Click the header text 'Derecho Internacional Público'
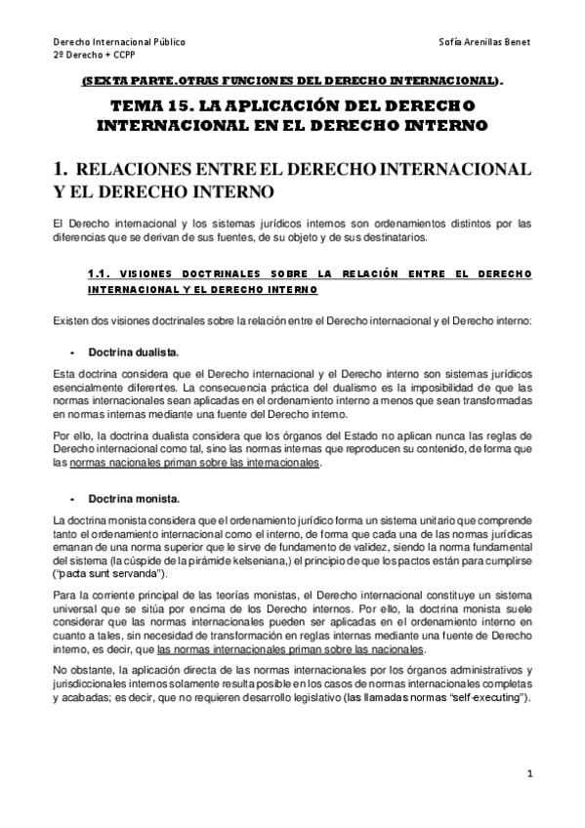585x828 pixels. (118, 43)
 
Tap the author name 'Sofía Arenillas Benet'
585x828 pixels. (485, 43)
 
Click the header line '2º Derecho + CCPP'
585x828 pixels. (91, 57)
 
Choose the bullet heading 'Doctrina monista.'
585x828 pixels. (133, 500)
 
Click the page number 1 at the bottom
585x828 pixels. (528, 774)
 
